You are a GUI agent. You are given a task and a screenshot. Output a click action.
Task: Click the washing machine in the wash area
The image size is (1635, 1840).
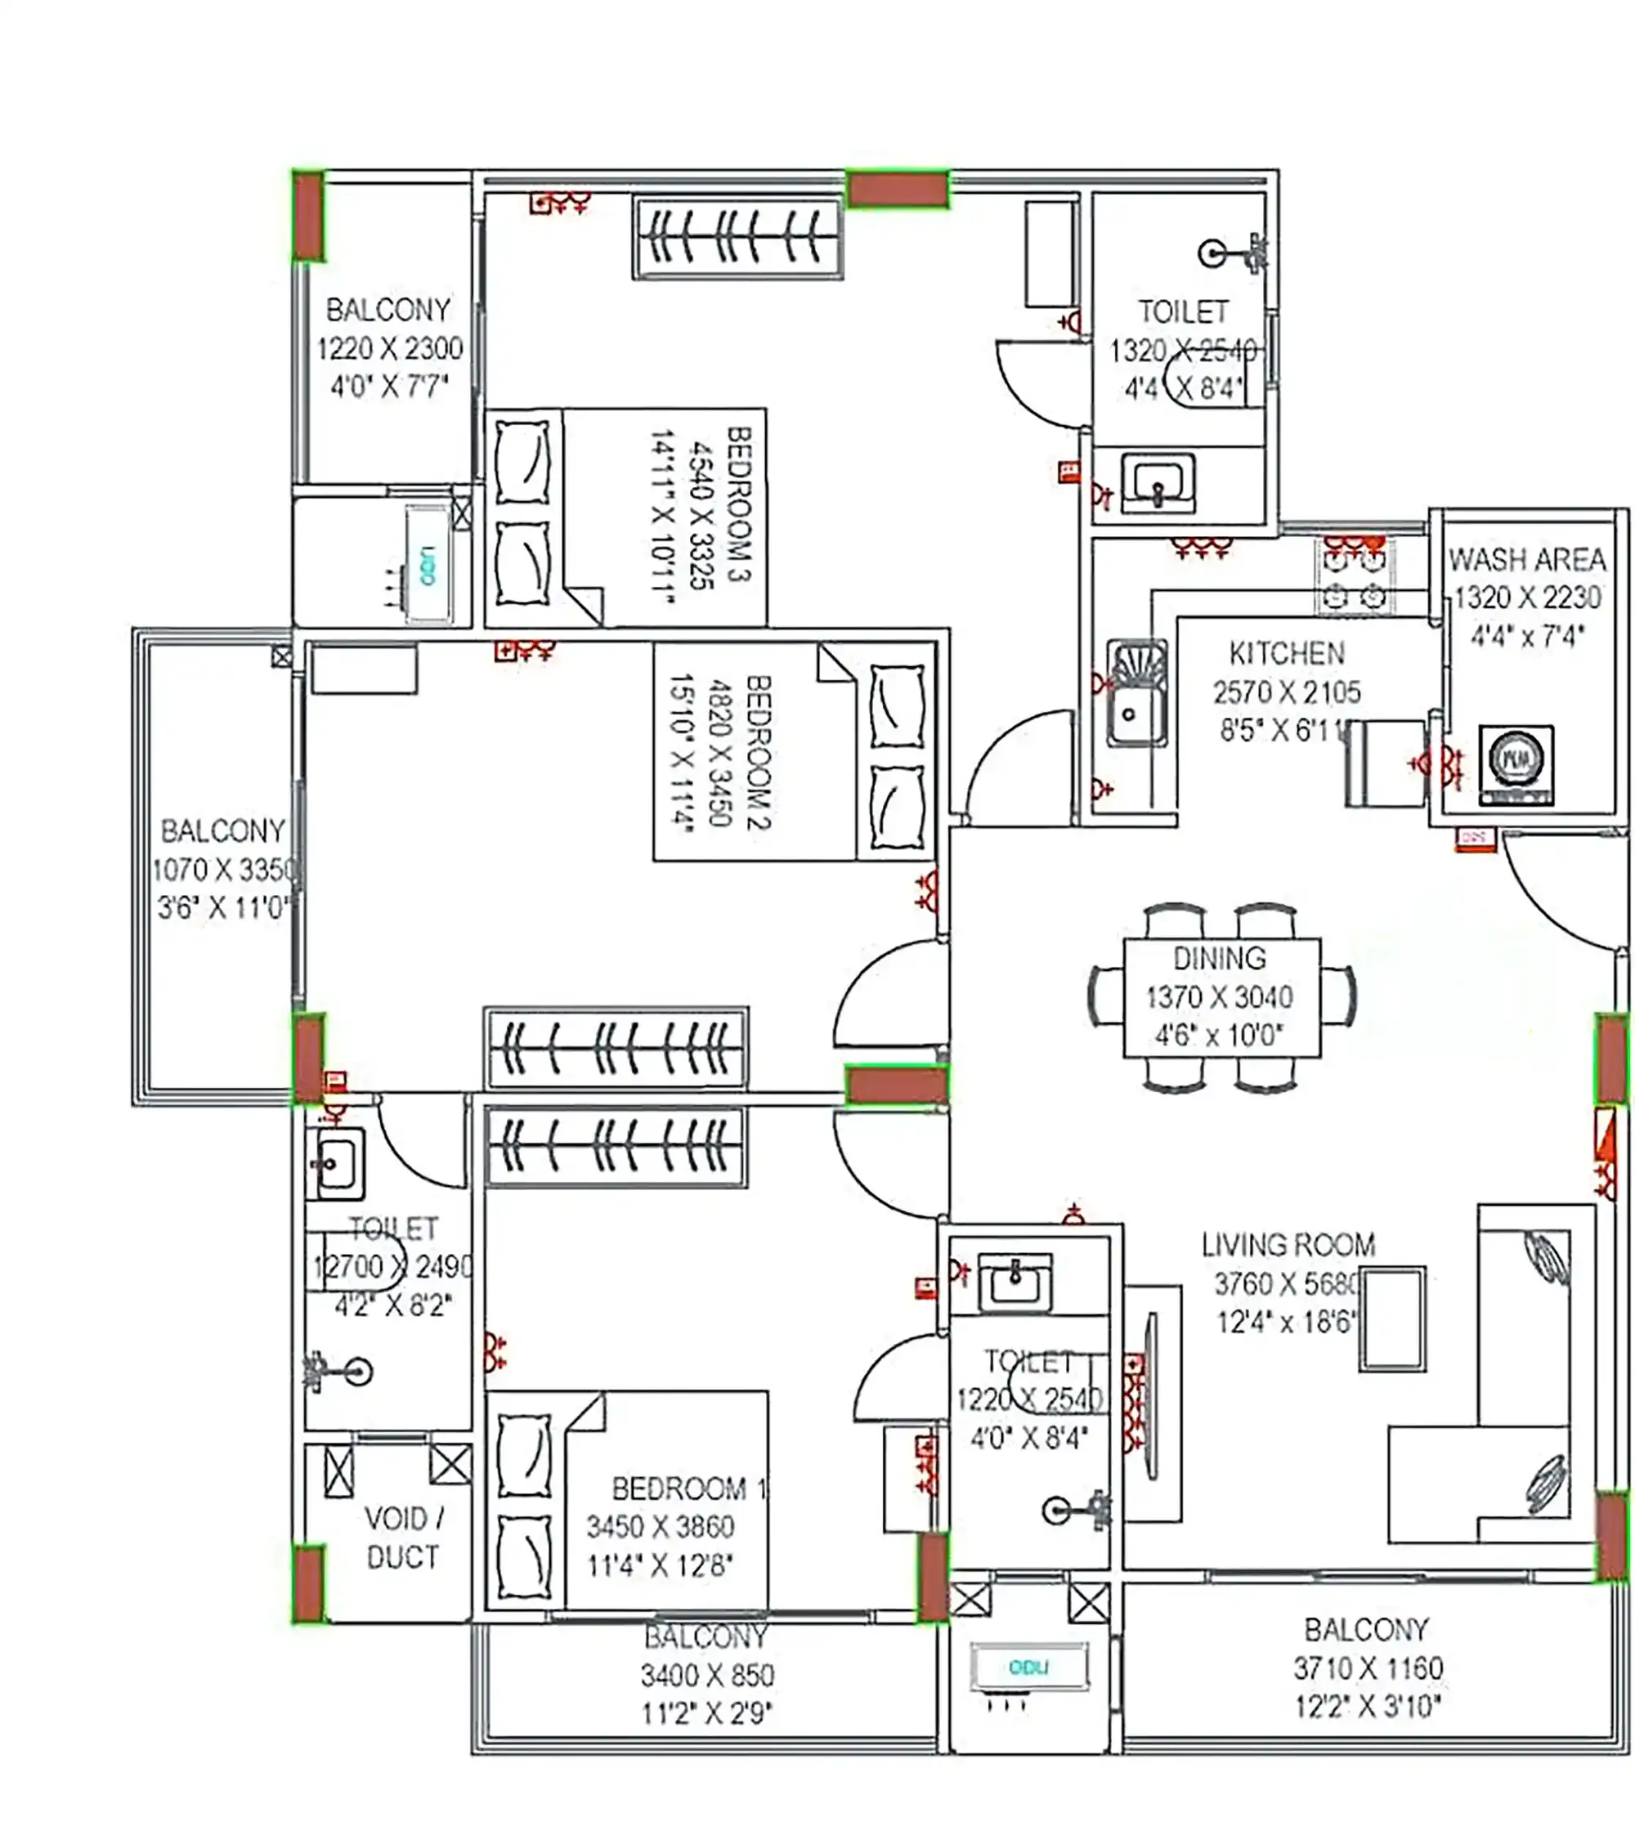tap(1516, 762)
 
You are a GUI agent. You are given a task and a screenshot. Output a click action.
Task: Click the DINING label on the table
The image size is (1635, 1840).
tap(1219, 958)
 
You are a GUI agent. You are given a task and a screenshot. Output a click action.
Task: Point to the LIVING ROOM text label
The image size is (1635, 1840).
tap(1288, 1245)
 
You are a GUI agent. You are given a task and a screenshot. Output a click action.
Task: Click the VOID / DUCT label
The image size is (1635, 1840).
tap(403, 1538)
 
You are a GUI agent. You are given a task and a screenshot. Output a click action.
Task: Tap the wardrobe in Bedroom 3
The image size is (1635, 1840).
tap(737, 239)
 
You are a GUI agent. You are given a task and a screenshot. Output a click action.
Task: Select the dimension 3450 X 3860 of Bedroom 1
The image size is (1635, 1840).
tap(660, 1527)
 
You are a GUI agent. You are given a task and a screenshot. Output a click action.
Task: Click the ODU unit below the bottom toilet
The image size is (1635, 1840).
tap(1029, 1668)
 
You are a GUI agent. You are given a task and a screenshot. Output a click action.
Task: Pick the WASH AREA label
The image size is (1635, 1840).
tap(1527, 560)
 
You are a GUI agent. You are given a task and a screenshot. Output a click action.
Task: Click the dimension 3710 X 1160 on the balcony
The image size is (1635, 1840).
tap(1368, 1668)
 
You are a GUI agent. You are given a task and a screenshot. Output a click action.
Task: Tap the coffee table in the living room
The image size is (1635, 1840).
tap(1392, 1318)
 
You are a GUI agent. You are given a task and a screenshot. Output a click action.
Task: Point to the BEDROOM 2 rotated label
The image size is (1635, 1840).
tap(758, 752)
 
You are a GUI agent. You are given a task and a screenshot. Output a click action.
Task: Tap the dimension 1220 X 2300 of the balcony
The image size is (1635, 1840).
tap(389, 348)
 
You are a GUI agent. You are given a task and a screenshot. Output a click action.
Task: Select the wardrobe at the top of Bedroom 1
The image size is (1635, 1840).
tap(616, 1147)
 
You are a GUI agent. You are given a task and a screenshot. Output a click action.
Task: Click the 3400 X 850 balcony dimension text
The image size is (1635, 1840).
tap(707, 1675)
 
